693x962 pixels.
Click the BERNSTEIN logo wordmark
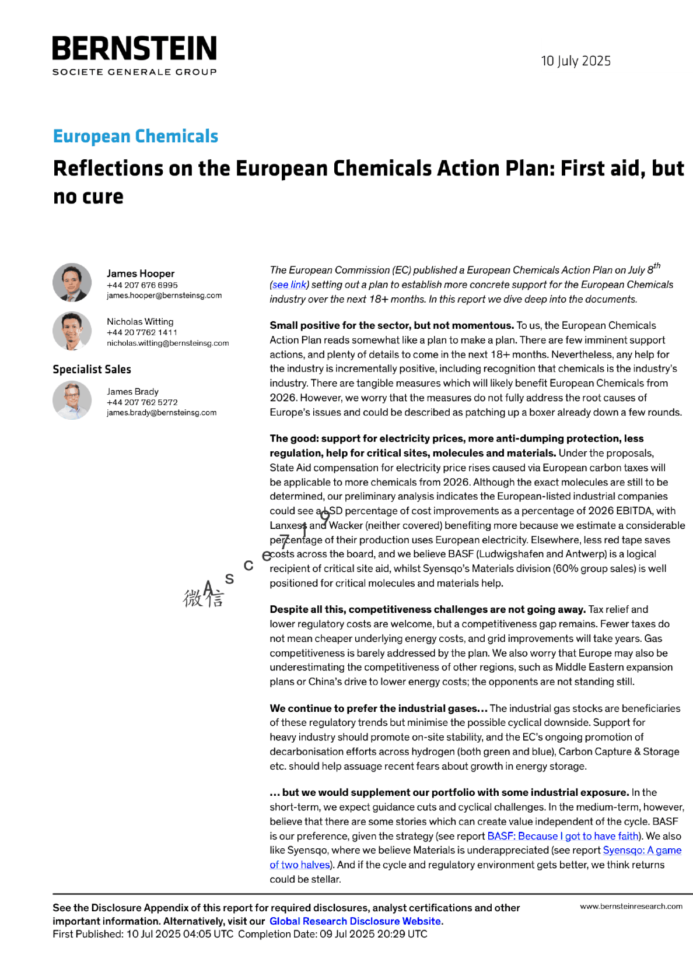134,48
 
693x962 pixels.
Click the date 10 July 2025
575,61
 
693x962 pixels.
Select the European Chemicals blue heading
135,136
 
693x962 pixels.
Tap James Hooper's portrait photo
72,283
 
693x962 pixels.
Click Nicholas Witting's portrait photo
72,331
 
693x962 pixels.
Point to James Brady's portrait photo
72,401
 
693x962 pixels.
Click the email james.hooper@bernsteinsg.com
164,296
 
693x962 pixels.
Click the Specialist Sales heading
92,370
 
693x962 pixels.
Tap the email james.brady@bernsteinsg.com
161,413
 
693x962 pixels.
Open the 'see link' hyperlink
289,285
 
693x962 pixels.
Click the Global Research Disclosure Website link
355,921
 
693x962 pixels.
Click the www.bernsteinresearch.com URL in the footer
631,906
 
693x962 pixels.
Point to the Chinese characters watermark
203,598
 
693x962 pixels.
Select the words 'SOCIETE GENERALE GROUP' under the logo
134,72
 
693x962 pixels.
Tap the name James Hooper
141,273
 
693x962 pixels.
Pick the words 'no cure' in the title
88,197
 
